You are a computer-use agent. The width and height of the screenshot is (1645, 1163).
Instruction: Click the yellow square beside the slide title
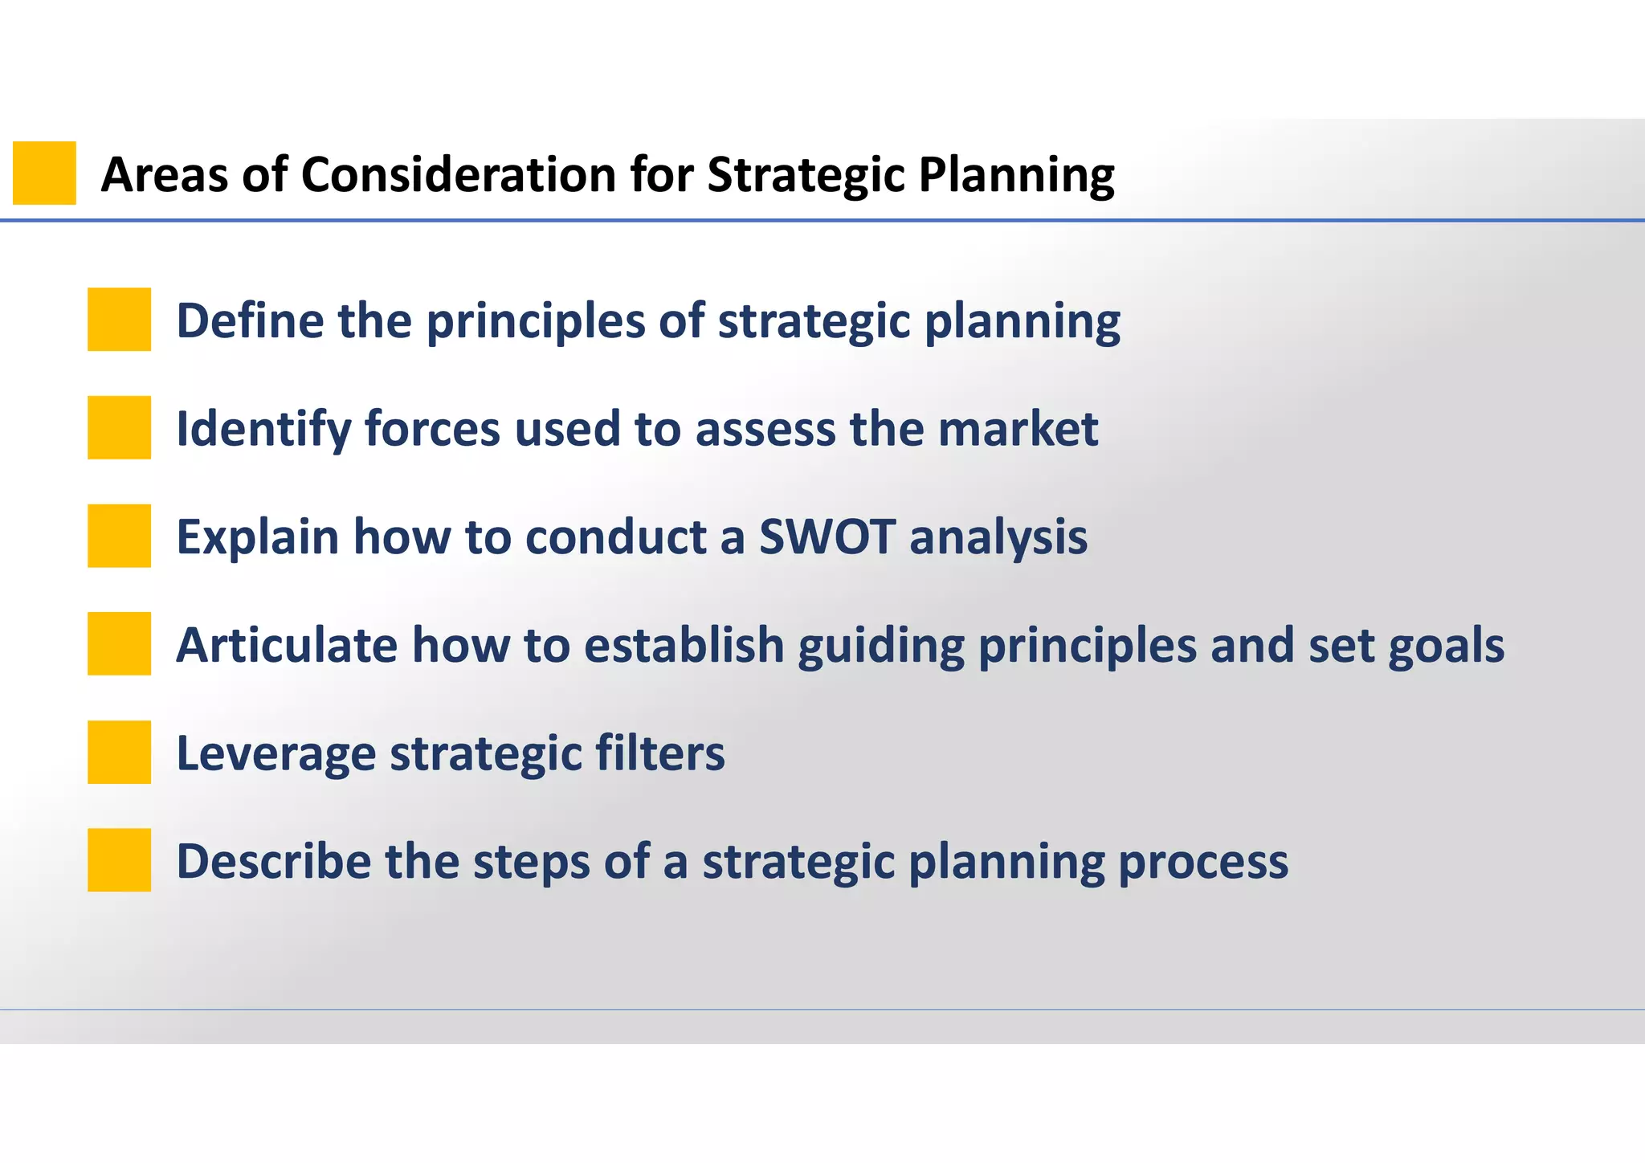44,173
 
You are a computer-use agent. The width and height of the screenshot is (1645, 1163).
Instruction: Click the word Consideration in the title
459,174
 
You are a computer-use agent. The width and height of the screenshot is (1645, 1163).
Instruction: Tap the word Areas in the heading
164,174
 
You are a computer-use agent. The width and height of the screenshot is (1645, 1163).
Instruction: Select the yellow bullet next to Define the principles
119,320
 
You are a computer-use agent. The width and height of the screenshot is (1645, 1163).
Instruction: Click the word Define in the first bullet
249,320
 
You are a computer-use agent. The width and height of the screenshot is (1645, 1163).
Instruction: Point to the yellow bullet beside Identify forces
119,427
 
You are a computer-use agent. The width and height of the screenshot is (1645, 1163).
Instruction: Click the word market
1018,428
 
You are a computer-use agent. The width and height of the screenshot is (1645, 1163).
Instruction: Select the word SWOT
827,537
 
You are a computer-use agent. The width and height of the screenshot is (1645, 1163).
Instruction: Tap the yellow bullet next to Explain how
119,536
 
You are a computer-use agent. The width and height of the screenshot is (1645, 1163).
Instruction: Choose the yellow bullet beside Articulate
119,643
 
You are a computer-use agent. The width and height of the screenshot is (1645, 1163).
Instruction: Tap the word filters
659,753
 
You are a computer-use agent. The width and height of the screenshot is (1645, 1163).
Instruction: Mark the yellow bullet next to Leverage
119,752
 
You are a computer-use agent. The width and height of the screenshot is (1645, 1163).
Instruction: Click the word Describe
272,861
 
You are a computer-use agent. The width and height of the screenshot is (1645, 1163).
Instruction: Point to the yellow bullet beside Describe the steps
119,860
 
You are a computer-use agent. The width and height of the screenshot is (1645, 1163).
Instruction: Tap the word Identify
263,430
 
